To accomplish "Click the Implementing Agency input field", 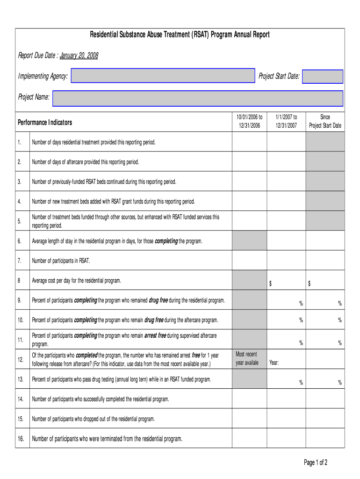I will click(163, 76).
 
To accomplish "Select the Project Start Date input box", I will click(323, 76).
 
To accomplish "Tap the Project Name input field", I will click(197, 98).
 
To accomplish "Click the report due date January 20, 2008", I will click(79, 56).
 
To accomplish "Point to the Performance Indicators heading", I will click(45, 123).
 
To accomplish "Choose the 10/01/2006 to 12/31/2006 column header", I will click(249, 122).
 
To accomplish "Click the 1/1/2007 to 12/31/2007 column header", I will click(286, 122).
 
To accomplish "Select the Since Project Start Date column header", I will click(325, 122).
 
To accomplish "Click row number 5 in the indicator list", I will click(20, 221).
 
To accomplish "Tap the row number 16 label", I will click(21, 439).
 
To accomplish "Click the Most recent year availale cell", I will click(247, 359).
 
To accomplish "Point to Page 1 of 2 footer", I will click(316, 463).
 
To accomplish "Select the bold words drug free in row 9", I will click(158, 300).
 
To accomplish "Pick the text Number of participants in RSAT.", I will click(61, 261).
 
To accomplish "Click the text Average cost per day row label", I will click(76, 281).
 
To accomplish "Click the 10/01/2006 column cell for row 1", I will click(249, 142).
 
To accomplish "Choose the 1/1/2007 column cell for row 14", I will click(286, 399).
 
